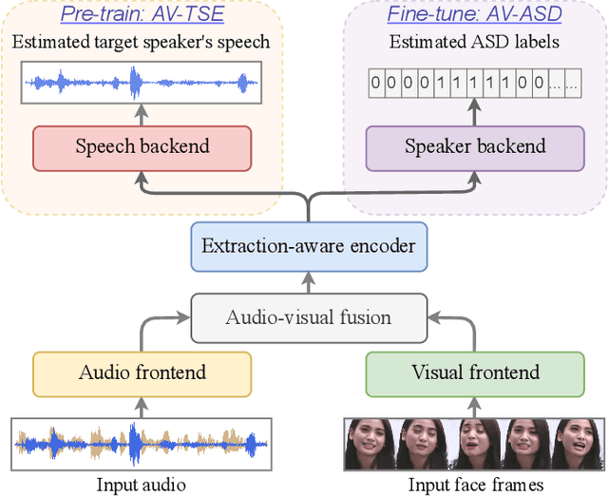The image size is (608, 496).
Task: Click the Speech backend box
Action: coord(142,147)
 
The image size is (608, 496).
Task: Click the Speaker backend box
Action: coord(475,147)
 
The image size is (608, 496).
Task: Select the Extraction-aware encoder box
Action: coord(309,246)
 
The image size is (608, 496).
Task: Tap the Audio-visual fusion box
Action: coord(309,316)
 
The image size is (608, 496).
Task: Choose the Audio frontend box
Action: coord(142,373)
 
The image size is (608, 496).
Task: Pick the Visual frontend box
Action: coord(475,373)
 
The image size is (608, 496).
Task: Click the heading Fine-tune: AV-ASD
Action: coord(475,16)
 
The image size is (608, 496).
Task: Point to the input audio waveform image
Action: coord(142,443)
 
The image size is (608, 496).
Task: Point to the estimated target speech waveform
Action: coord(142,85)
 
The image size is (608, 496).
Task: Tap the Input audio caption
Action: coord(142,485)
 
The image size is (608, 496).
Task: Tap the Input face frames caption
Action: coord(476,485)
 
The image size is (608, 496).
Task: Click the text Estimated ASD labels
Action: coord(475,42)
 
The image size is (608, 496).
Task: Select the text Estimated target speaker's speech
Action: coord(142,42)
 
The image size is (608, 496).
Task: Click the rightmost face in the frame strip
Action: coord(580,443)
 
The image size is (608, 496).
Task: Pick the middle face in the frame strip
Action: coord(475,443)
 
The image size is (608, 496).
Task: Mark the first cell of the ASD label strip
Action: coord(376,83)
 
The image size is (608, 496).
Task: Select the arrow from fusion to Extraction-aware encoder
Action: coord(309,281)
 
